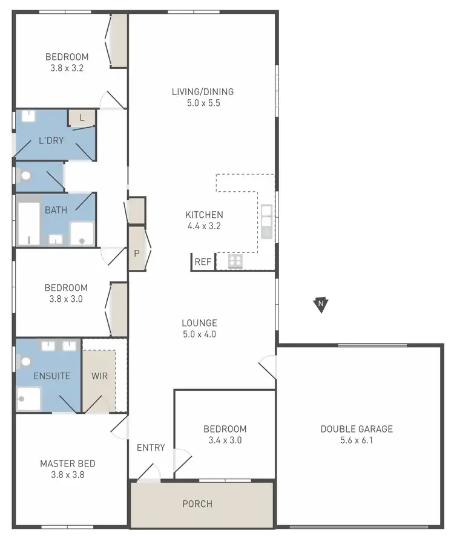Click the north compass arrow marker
pyautogui.click(x=321, y=304)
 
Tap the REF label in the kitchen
pyautogui.click(x=203, y=262)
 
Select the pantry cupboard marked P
pyautogui.click(x=137, y=253)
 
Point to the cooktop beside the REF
pyautogui.click(x=235, y=261)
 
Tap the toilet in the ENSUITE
pyautogui.click(x=25, y=362)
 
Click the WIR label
pyautogui.click(x=99, y=376)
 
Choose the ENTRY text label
pyautogui.click(x=151, y=448)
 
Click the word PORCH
pyautogui.click(x=197, y=504)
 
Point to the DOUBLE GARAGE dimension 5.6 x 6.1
pyautogui.click(x=357, y=440)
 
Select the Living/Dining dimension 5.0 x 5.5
pyautogui.click(x=202, y=103)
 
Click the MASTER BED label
pyautogui.click(x=67, y=464)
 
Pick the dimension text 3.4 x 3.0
pyautogui.click(x=225, y=440)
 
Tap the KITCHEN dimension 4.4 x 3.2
pyautogui.click(x=204, y=226)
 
